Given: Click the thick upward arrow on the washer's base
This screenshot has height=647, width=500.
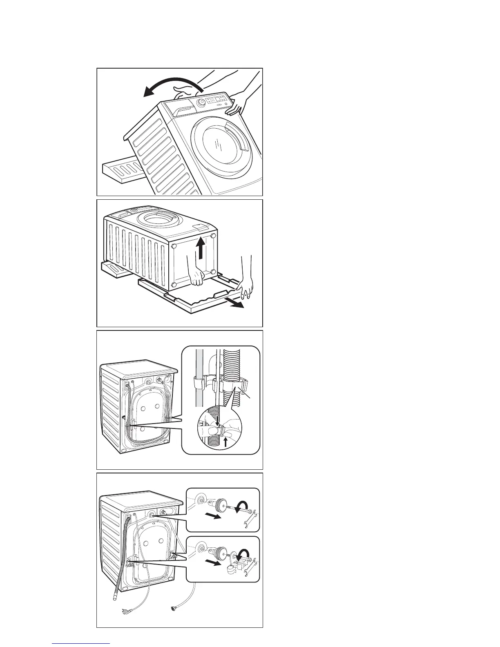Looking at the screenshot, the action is point(200,248).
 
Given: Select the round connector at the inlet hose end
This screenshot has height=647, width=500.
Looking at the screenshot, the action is point(173,620).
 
